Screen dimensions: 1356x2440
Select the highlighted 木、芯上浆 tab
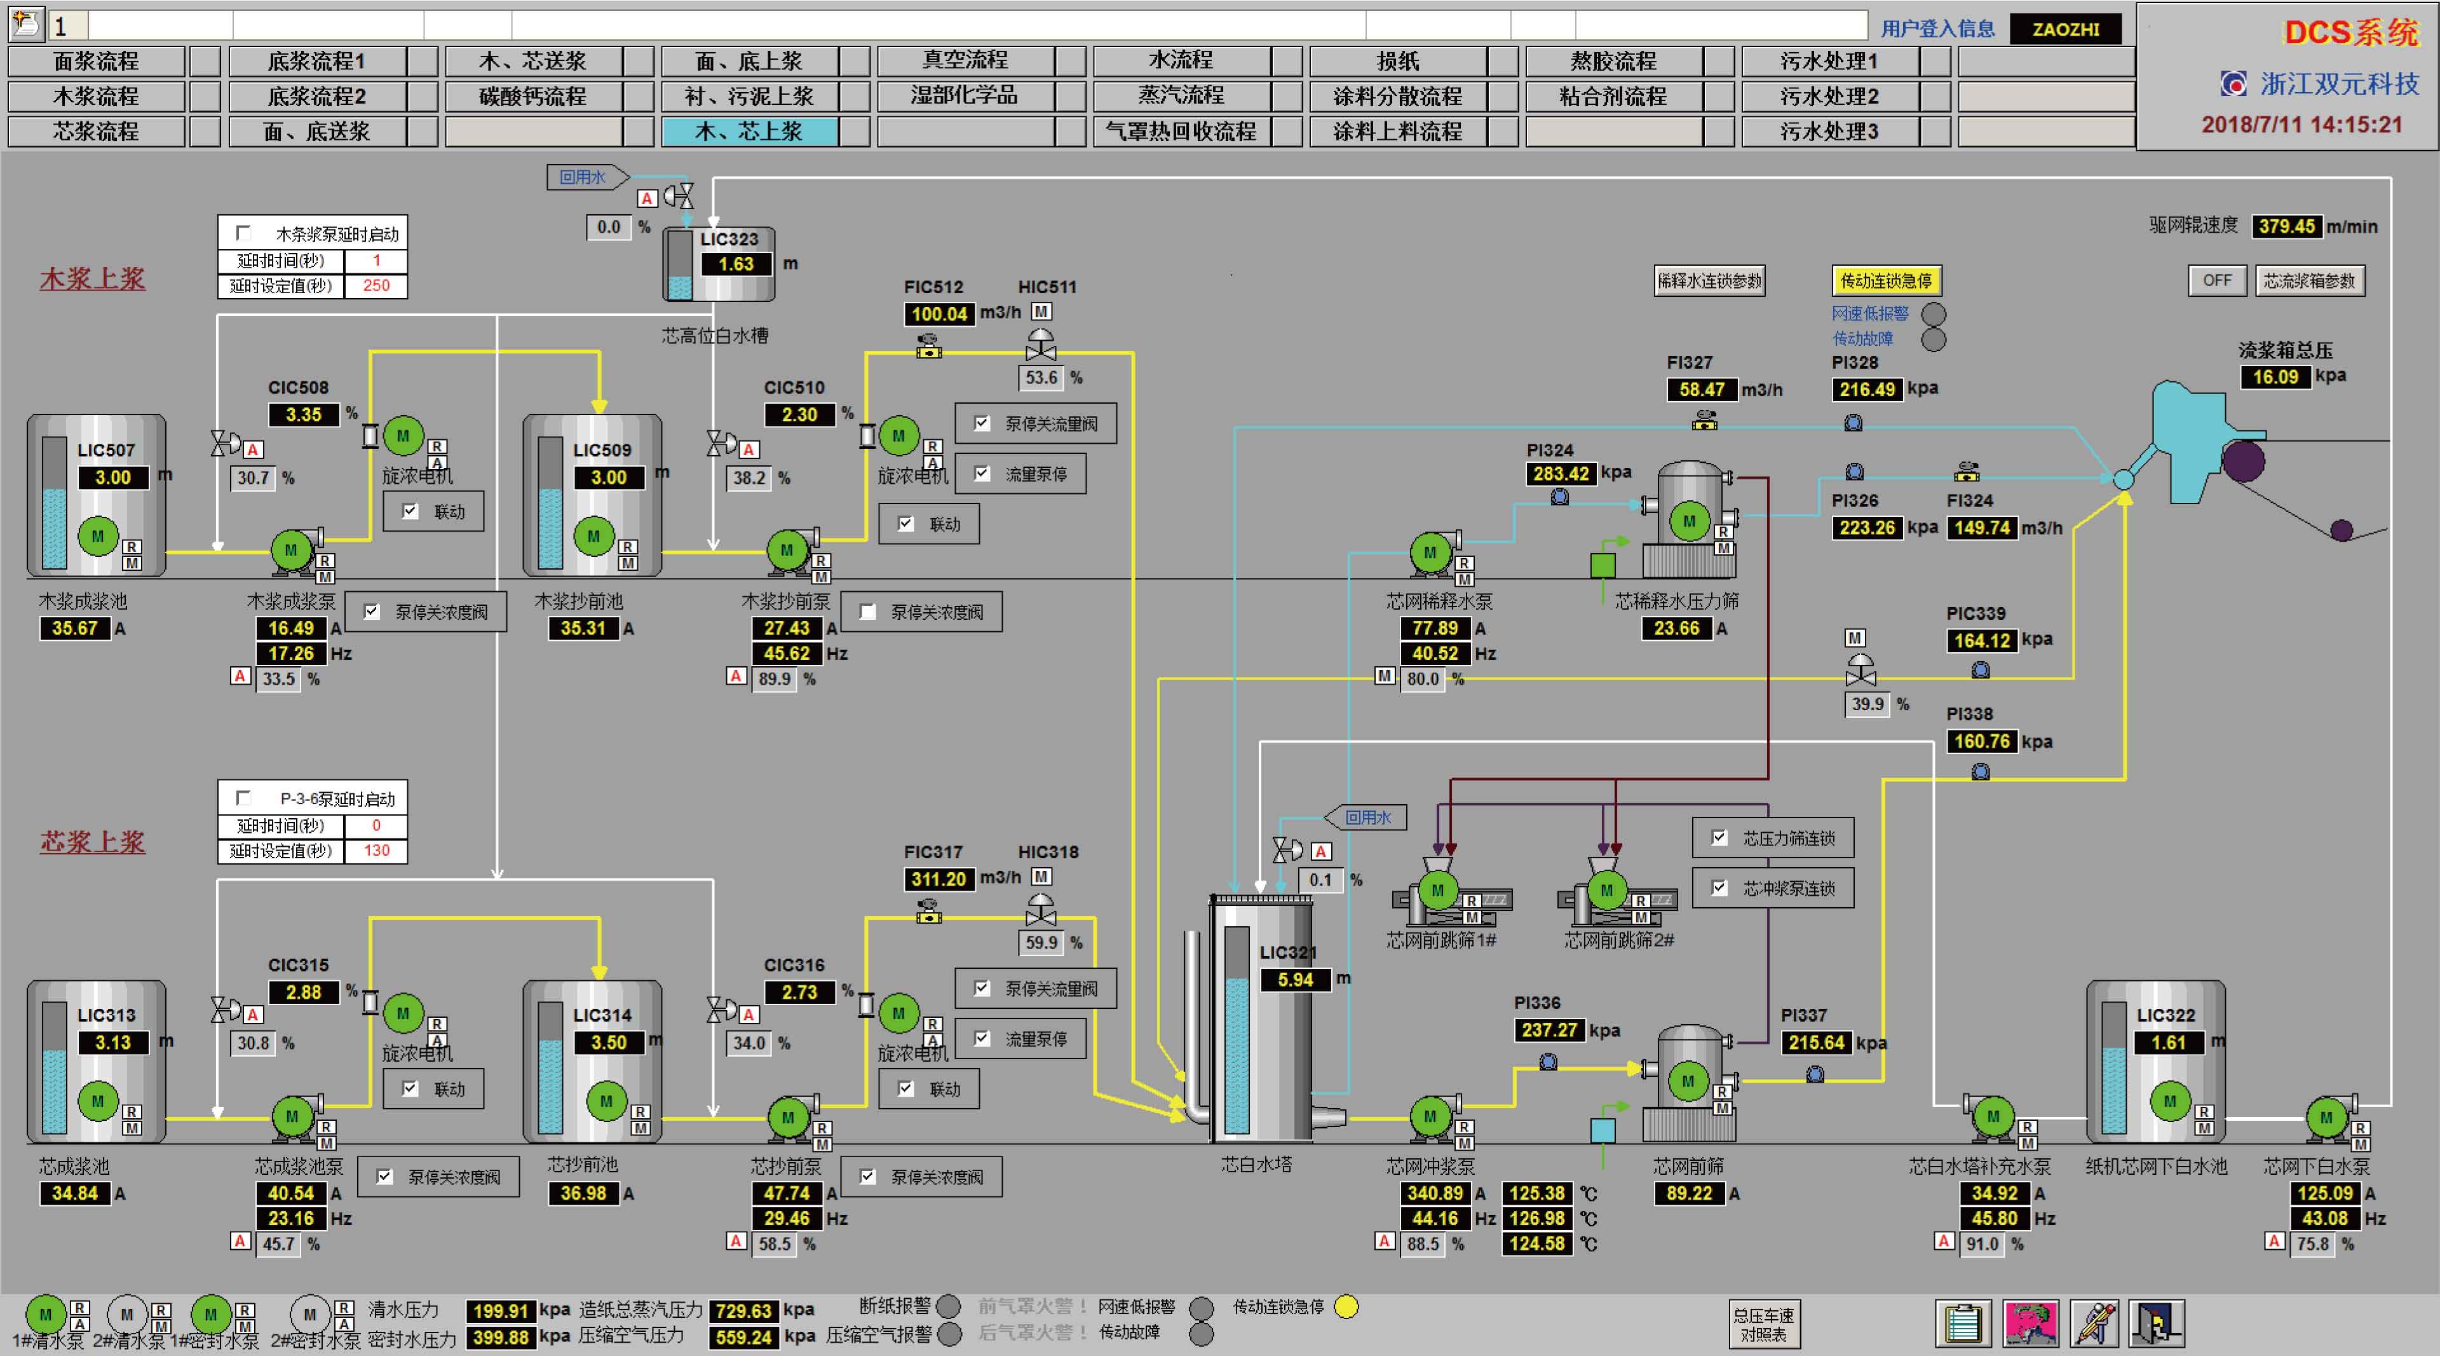[x=749, y=132]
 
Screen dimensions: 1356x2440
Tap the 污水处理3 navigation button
[x=1829, y=132]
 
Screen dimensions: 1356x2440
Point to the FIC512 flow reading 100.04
[x=939, y=313]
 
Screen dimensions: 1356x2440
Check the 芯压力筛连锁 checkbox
[x=1719, y=838]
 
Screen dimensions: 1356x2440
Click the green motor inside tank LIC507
[x=98, y=537]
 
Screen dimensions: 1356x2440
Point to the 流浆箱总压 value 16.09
[x=2275, y=377]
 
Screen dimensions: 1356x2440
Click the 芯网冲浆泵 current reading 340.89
[x=1435, y=1193]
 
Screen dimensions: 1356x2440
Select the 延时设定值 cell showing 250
[x=376, y=285]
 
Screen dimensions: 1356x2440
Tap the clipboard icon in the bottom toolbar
[x=1963, y=1324]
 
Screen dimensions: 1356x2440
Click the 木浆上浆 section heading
[x=92, y=278]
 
